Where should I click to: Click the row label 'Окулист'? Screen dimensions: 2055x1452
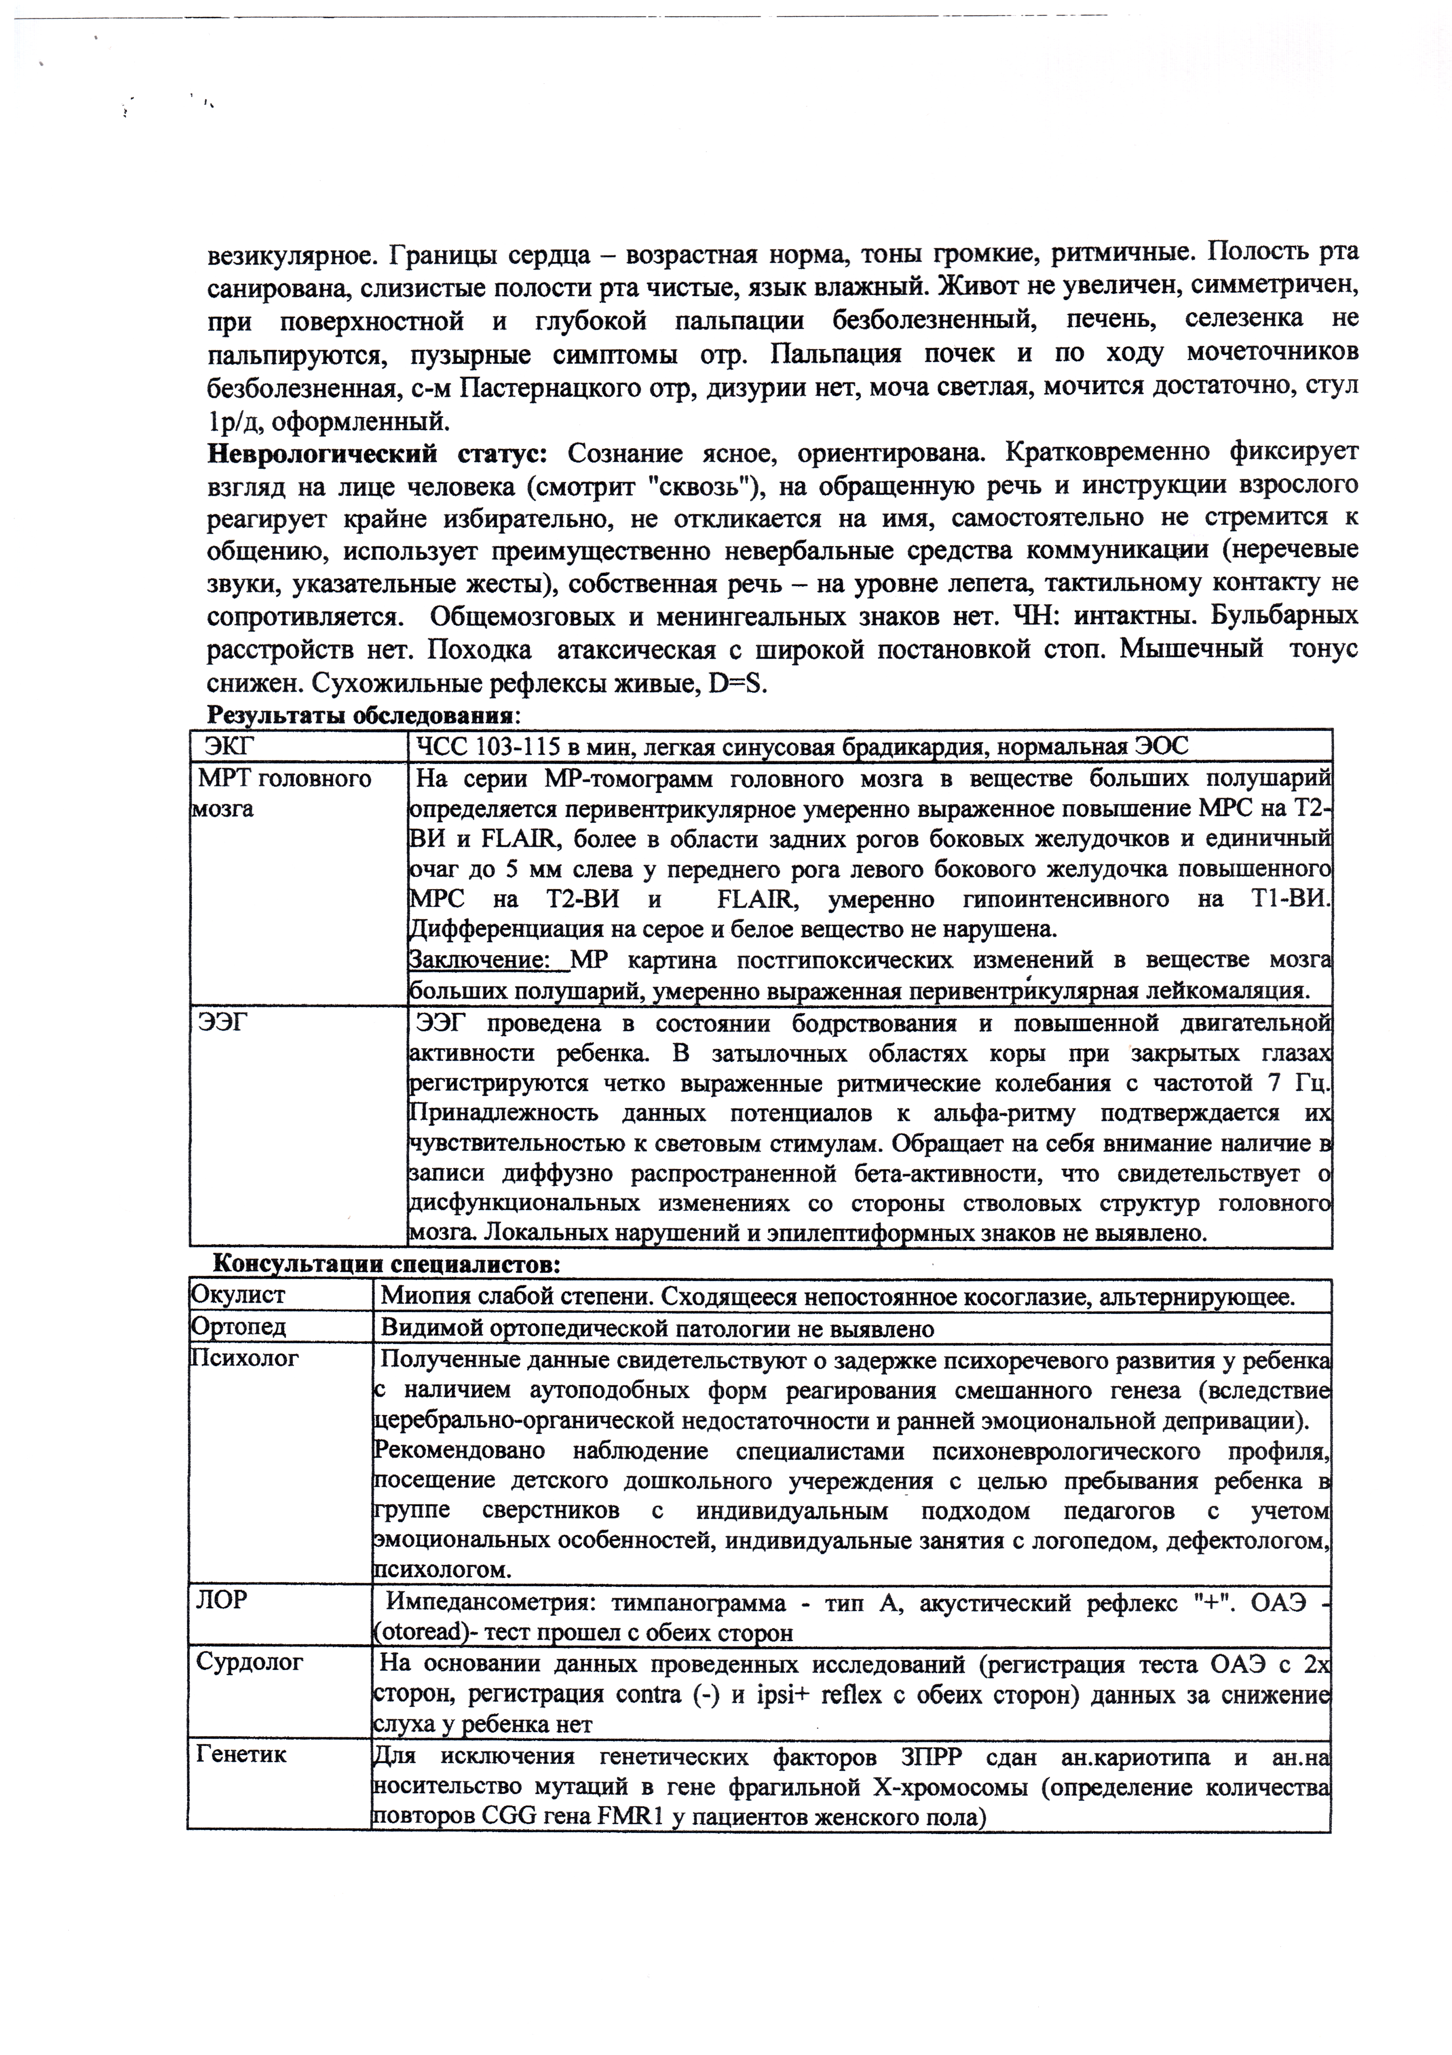pyautogui.click(x=238, y=1295)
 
